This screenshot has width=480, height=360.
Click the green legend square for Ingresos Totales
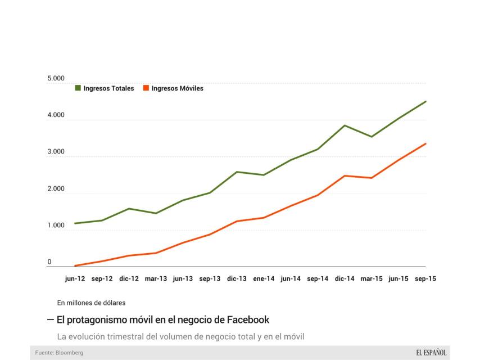click(x=78, y=88)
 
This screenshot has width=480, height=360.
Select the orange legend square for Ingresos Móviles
click(x=146, y=88)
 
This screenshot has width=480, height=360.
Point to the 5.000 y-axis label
click(x=56, y=78)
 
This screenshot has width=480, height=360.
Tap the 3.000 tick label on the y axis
click(x=56, y=152)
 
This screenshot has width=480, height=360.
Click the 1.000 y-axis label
click(x=56, y=226)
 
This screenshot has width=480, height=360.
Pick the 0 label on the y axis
click(x=49, y=262)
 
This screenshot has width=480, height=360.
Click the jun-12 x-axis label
click(x=75, y=278)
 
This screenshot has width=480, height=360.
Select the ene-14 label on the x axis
click(x=264, y=278)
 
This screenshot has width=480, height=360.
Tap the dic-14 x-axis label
click(x=345, y=278)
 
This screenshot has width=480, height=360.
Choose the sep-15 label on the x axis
click(x=425, y=278)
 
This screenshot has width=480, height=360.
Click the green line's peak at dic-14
click(x=345, y=125)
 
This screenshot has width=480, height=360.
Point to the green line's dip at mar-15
click(x=372, y=137)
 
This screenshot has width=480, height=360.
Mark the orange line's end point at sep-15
click(x=425, y=143)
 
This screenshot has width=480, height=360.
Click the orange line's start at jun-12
click(x=75, y=265)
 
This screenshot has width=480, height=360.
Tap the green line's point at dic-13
click(x=237, y=172)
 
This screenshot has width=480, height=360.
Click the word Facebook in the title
click(x=248, y=319)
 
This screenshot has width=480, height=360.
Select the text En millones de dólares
click(x=90, y=303)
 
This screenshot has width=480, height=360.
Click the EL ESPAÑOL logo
click(x=431, y=352)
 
